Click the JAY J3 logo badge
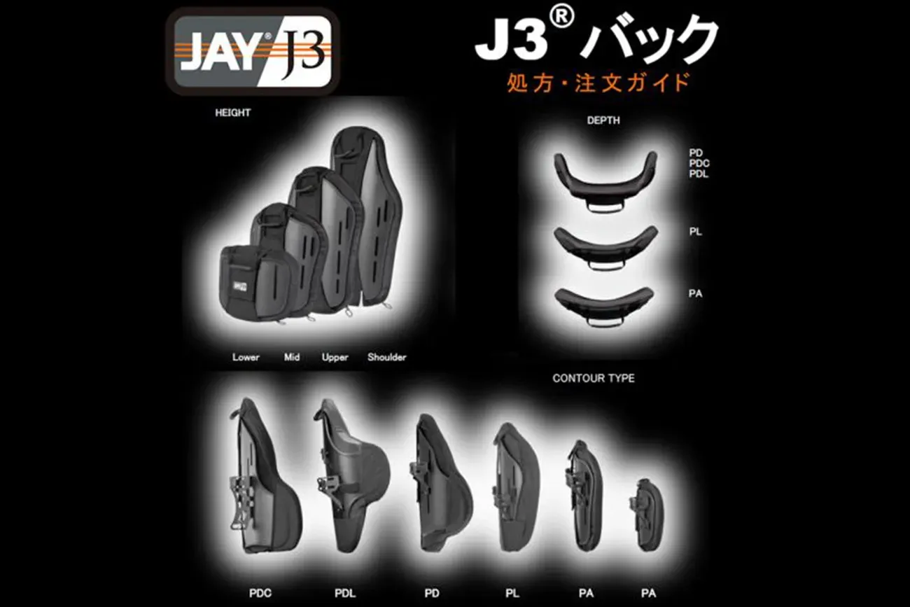[x=253, y=51]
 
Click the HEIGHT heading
[x=233, y=113]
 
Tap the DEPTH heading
[x=603, y=120]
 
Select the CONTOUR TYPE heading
[x=593, y=378]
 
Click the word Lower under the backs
[x=246, y=358]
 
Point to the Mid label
[x=292, y=358]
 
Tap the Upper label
[x=335, y=358]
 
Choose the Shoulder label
[x=386, y=358]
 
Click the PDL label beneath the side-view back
[x=345, y=594]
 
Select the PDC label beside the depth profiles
[x=699, y=163]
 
